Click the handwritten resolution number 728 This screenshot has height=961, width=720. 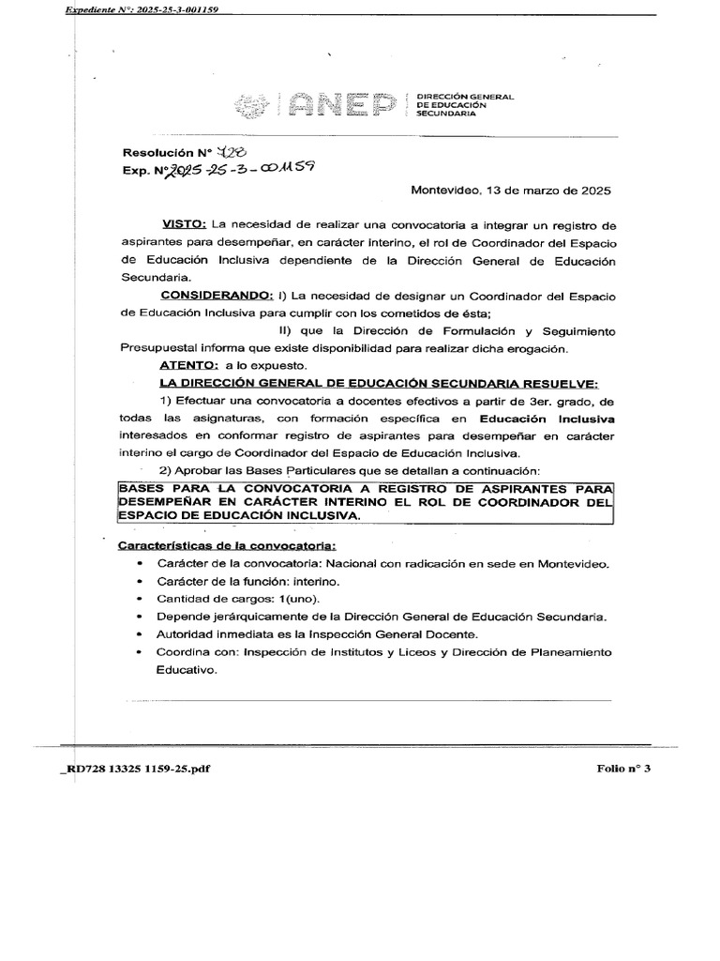click(x=230, y=153)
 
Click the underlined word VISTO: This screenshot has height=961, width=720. click(x=184, y=225)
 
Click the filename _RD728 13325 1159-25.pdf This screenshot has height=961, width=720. click(x=135, y=768)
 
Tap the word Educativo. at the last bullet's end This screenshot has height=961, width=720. click(x=187, y=670)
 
